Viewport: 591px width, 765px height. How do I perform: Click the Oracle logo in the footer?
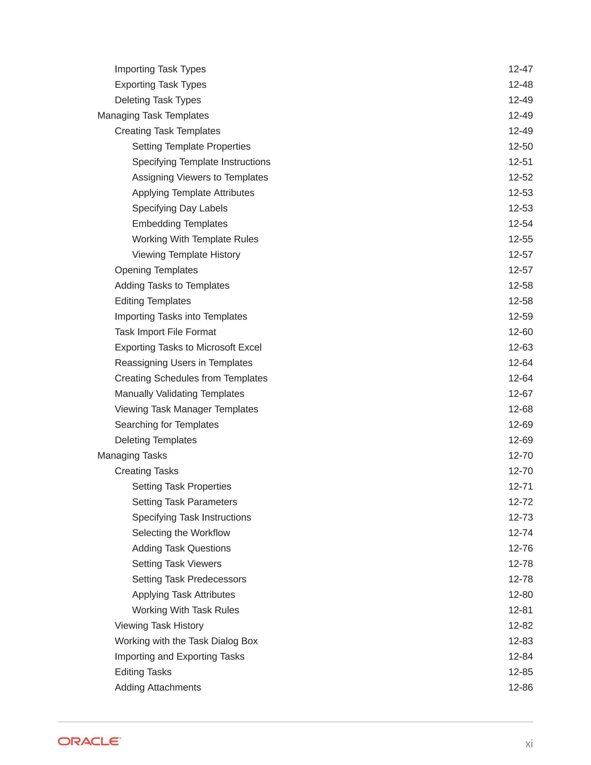click(89, 741)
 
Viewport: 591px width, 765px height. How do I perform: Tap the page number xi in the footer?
click(529, 743)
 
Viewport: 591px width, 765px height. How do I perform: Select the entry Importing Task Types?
click(160, 69)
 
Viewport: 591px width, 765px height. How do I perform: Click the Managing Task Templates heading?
click(153, 115)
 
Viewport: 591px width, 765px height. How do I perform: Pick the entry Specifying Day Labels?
click(179, 208)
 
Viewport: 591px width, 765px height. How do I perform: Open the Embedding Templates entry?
click(179, 223)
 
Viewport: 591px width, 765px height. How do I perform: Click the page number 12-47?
click(520, 69)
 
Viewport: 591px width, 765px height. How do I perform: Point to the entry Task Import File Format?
click(165, 332)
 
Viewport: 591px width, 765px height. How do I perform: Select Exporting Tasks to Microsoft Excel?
click(188, 347)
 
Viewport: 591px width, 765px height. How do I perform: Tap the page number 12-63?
click(520, 347)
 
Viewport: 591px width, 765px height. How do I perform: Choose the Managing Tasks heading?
click(132, 455)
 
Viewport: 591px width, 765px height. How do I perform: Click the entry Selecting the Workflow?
click(181, 533)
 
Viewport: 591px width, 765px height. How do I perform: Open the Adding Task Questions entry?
click(181, 548)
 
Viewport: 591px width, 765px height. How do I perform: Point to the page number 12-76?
click(520, 548)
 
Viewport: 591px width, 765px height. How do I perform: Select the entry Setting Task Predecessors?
click(189, 579)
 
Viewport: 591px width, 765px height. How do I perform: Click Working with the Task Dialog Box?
click(186, 641)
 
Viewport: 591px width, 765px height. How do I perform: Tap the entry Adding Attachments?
click(158, 687)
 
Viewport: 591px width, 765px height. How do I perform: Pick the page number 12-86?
click(520, 687)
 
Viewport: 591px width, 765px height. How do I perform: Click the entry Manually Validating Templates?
click(179, 394)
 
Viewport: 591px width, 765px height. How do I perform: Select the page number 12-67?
click(520, 394)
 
